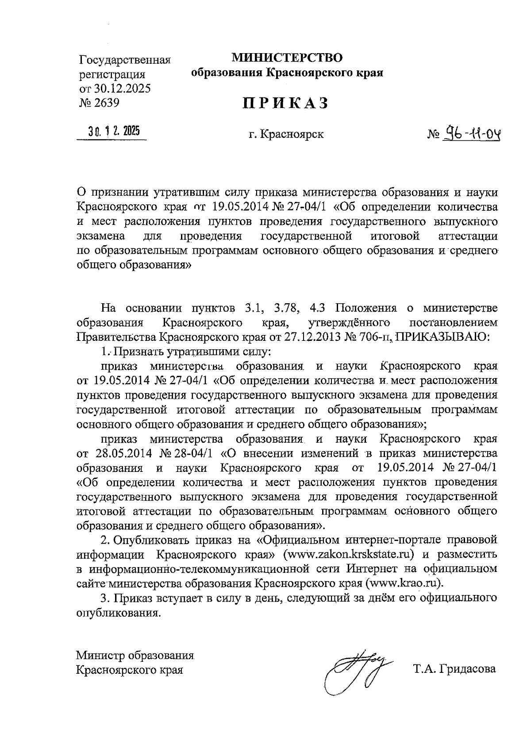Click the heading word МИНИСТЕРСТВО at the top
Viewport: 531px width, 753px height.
[x=288, y=58]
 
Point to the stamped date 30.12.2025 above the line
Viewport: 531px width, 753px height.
[x=114, y=131]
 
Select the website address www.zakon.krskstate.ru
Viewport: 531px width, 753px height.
[x=350, y=554]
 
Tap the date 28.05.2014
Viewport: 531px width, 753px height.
[x=123, y=453]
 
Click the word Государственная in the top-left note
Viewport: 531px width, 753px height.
[x=125, y=60]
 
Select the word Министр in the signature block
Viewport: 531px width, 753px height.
[x=98, y=655]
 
